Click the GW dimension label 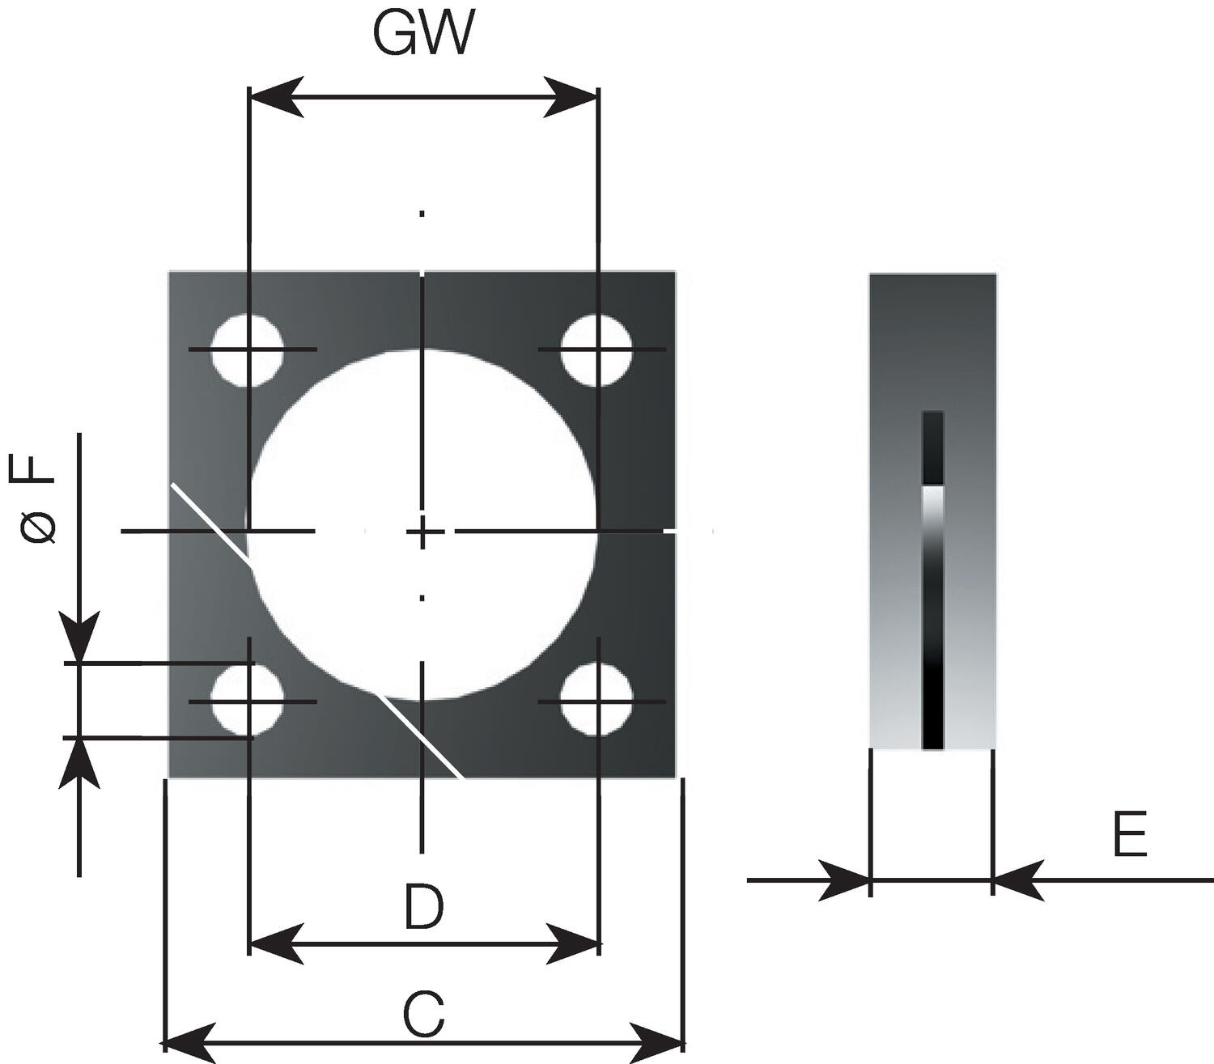click(x=422, y=34)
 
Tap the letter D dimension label click(x=424, y=907)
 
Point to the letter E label click(x=1130, y=835)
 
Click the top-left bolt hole click(x=248, y=350)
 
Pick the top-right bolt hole click(x=597, y=350)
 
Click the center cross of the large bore click(x=422, y=532)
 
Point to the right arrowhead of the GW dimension click(x=571, y=97)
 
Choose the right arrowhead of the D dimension click(x=573, y=943)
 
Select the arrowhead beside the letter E click(x=1017, y=880)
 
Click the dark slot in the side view click(x=933, y=579)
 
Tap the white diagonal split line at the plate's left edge click(x=209, y=522)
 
